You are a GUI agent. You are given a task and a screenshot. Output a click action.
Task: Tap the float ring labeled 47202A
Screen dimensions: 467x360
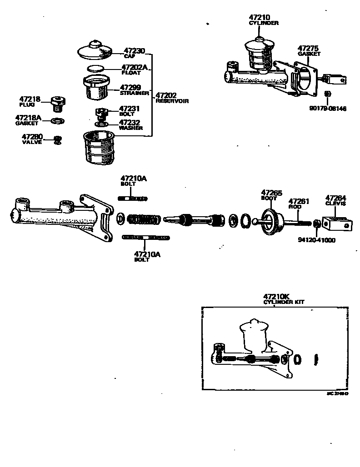coord(95,69)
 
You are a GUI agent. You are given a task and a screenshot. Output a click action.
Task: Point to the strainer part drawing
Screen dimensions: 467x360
coord(96,88)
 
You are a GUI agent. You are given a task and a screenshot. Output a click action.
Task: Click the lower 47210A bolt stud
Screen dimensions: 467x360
coord(145,238)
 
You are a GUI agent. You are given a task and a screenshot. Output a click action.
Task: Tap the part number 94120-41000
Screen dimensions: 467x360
coord(316,240)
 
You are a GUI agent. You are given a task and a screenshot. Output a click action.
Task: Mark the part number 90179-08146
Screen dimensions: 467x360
coord(328,109)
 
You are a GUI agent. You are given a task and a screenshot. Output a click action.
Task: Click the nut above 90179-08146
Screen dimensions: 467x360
coord(328,94)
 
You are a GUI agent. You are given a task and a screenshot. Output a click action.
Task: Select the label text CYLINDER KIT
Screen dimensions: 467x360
coord(284,302)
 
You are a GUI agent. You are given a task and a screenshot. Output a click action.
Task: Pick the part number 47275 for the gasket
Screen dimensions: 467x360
coord(308,48)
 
